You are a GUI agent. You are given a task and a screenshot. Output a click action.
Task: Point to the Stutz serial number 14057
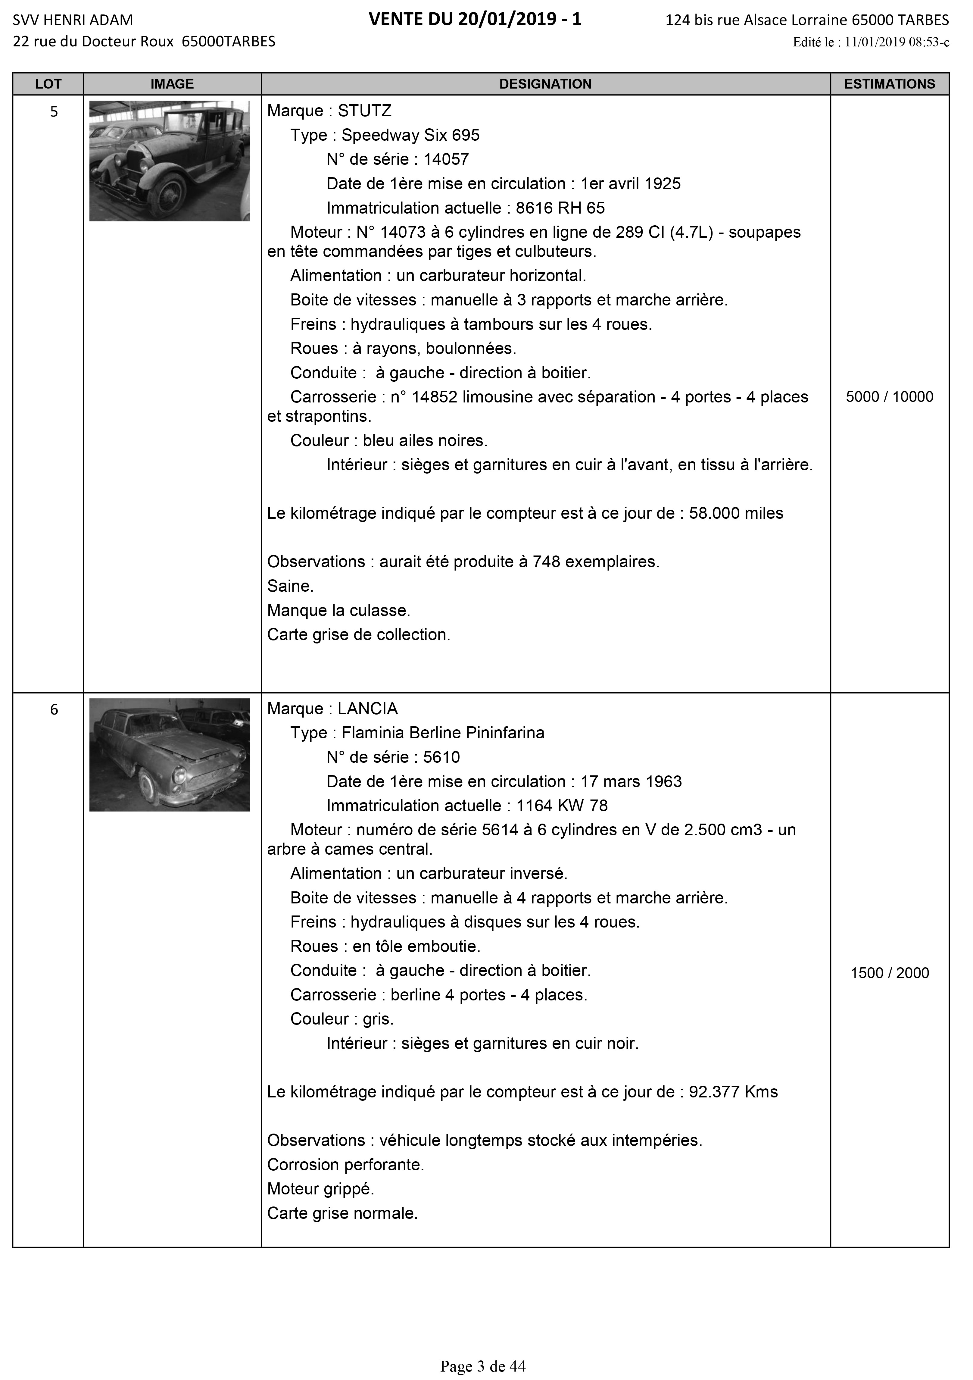pos(446,159)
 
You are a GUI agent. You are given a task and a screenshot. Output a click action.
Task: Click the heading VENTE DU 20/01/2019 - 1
pos(475,20)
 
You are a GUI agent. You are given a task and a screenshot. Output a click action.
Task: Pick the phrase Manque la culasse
pos(338,611)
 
